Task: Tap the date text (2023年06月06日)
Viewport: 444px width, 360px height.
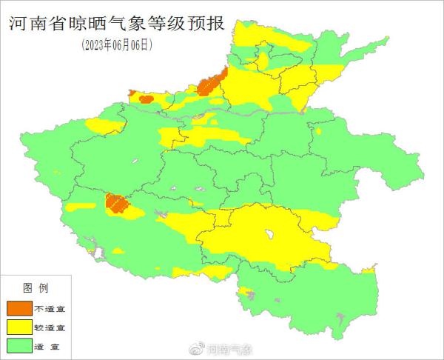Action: pyautogui.click(x=118, y=45)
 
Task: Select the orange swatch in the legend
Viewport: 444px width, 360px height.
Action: pyautogui.click(x=19, y=307)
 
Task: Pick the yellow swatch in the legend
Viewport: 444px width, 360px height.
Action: pyautogui.click(x=19, y=326)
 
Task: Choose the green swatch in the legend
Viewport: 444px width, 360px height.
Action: pyautogui.click(x=19, y=344)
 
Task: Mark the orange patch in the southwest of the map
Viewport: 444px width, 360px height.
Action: pyautogui.click(x=115, y=202)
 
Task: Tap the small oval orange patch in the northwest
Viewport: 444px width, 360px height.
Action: pyautogui.click(x=146, y=98)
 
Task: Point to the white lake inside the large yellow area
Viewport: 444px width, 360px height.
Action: pyautogui.click(x=271, y=235)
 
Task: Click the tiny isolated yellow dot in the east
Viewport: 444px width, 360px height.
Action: pyautogui.click(x=319, y=131)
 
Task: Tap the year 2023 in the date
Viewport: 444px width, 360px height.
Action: pyautogui.click(x=95, y=45)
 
